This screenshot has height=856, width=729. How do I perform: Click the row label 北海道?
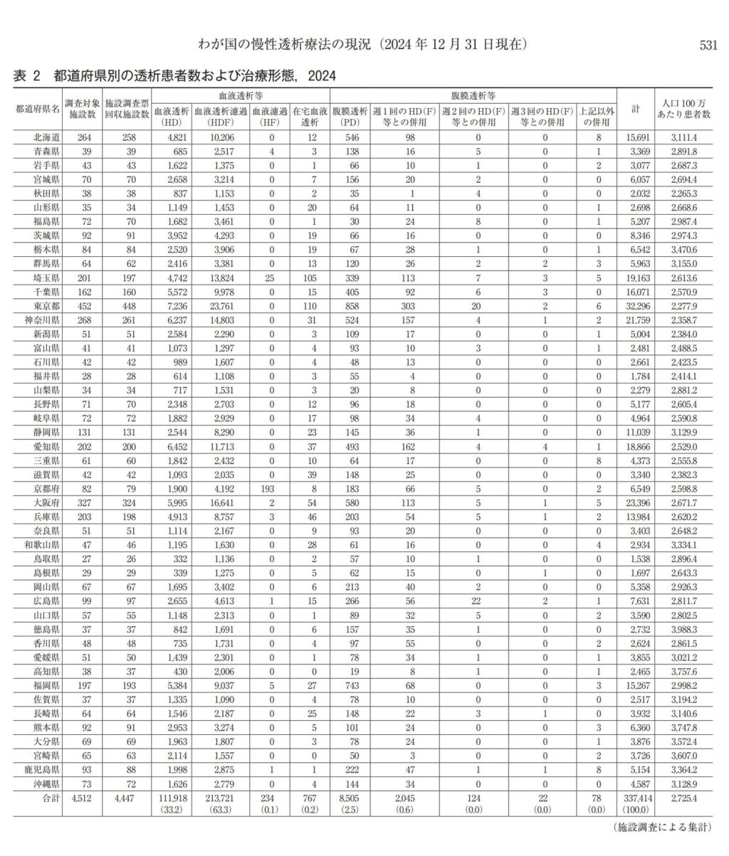[x=36, y=137]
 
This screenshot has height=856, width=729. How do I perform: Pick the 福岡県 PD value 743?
[x=350, y=686]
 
